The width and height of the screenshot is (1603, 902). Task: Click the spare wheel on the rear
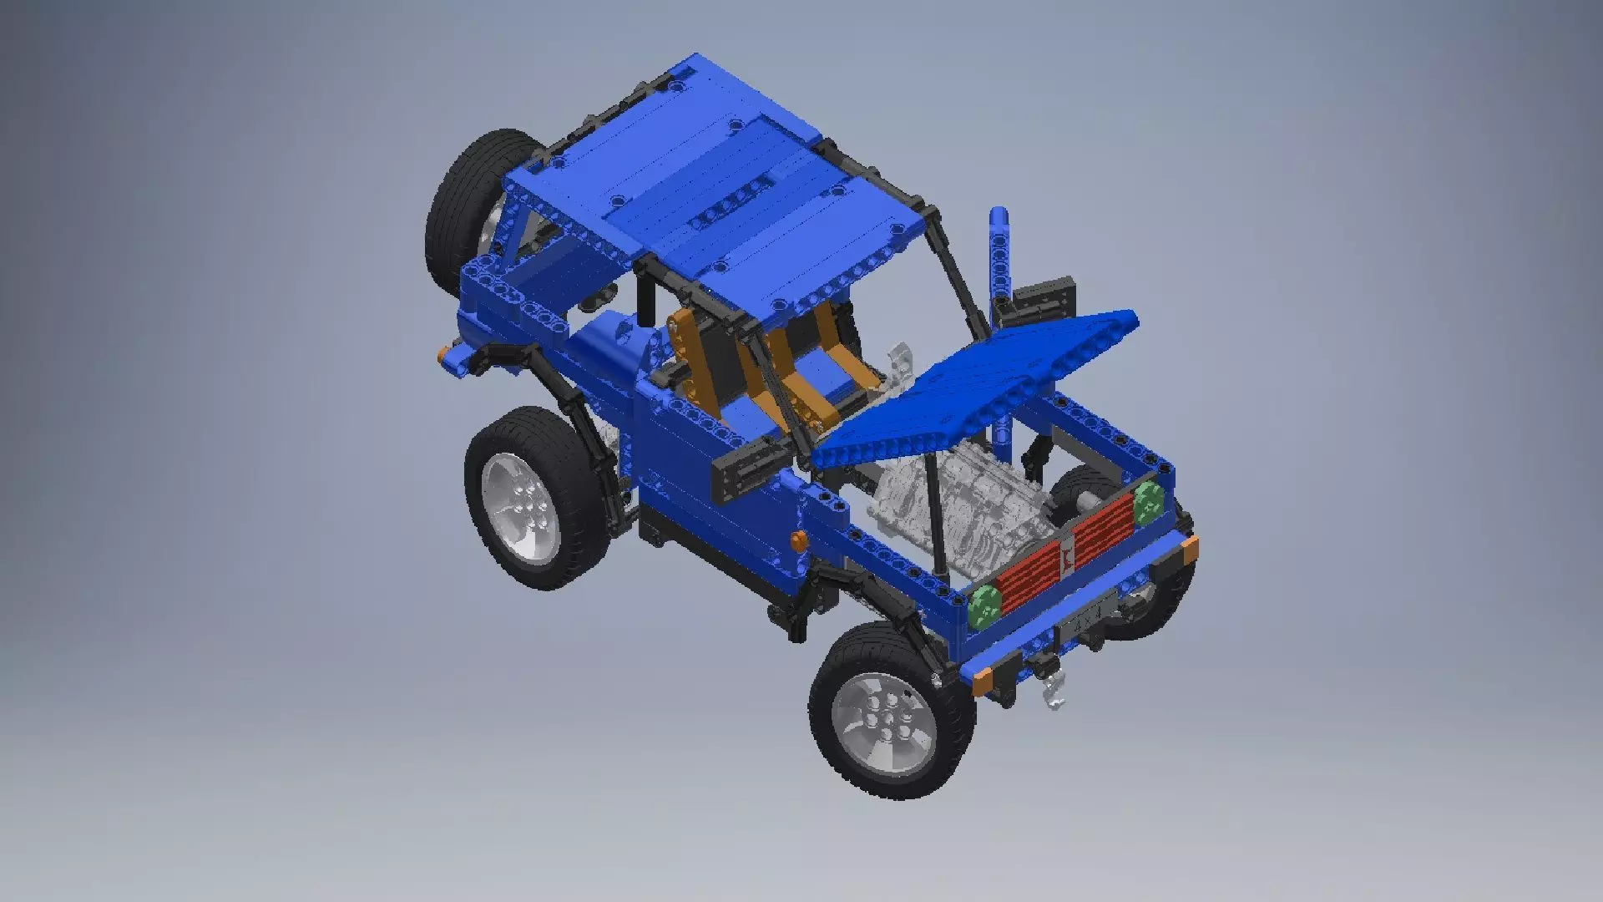point(468,200)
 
